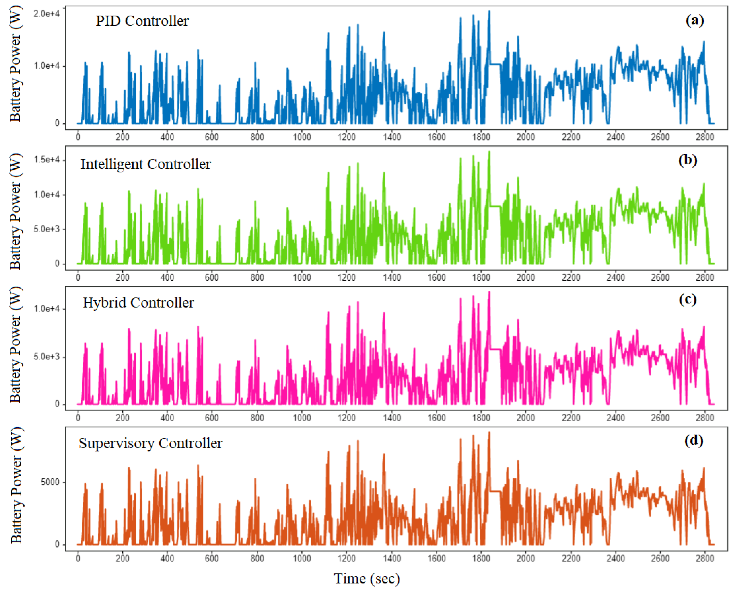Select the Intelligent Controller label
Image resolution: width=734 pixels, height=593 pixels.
(146, 164)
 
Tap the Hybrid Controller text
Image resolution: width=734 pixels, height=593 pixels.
(138, 303)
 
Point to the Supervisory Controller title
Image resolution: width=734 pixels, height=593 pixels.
(151, 443)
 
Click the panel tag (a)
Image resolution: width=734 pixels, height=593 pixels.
(695, 21)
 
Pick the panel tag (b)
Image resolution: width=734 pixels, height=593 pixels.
(688, 160)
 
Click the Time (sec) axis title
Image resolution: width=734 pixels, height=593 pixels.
(367, 579)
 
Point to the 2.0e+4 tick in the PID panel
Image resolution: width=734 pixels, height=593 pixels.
(46, 14)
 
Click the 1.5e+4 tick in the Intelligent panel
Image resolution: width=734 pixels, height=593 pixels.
(46, 160)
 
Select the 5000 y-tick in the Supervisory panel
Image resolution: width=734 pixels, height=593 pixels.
(50, 482)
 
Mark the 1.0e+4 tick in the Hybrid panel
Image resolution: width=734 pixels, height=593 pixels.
(46, 309)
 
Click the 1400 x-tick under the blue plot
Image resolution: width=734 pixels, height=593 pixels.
(392, 137)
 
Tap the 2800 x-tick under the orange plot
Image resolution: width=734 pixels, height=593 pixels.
(705, 558)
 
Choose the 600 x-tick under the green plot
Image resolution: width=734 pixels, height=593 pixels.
(212, 277)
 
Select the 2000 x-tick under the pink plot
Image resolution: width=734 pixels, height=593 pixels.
(525, 418)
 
